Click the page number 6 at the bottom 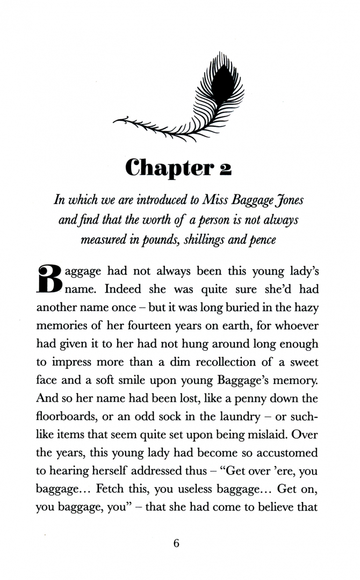click(176, 543)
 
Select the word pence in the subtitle click(262, 240)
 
